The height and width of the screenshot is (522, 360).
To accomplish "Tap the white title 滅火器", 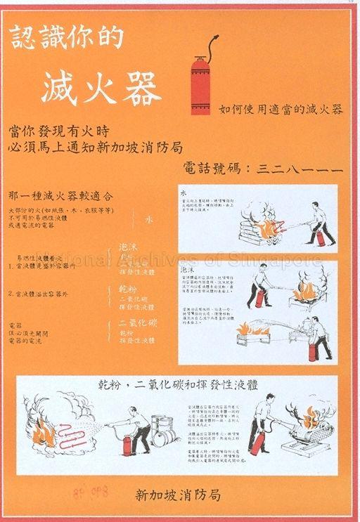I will point(101,89).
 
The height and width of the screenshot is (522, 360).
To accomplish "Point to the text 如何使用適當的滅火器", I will point(281,110).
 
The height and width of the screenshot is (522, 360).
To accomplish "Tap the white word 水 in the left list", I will point(148,219).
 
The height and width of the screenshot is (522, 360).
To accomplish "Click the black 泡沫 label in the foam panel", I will point(188,269).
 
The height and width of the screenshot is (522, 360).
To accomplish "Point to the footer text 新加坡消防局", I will point(181,495).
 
